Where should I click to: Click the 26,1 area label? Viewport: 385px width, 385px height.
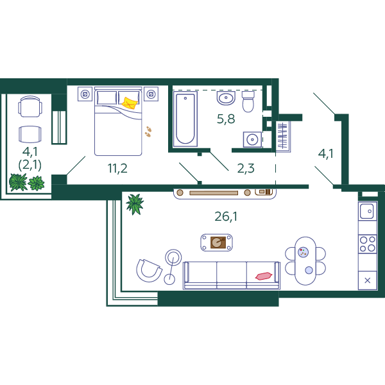(x=226, y=217)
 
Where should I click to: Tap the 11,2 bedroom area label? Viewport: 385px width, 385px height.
(x=117, y=168)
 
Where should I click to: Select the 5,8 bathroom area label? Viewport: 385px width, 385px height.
(x=226, y=119)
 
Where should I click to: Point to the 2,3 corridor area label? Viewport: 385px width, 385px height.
(x=246, y=168)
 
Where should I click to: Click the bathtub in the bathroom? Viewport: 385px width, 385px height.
(x=185, y=119)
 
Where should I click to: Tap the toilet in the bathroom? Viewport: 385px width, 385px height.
(x=248, y=101)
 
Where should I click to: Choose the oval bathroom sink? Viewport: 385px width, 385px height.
(x=226, y=98)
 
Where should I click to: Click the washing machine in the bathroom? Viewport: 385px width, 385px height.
(x=252, y=139)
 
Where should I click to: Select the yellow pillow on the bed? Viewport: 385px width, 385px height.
(x=130, y=103)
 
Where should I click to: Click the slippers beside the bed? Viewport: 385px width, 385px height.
(x=148, y=132)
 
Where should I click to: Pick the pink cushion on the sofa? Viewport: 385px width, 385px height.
(x=264, y=276)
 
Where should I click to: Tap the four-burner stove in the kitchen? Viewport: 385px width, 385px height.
(x=368, y=244)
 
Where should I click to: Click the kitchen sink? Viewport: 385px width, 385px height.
(x=367, y=211)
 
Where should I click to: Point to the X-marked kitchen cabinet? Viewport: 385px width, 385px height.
(x=368, y=280)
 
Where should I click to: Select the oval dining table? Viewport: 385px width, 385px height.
(x=305, y=261)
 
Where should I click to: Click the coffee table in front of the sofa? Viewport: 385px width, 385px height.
(x=217, y=243)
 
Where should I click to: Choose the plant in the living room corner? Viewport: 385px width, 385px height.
(x=135, y=204)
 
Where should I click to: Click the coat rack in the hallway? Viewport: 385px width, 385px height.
(x=282, y=136)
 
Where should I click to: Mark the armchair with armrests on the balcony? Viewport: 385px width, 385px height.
(x=30, y=107)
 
